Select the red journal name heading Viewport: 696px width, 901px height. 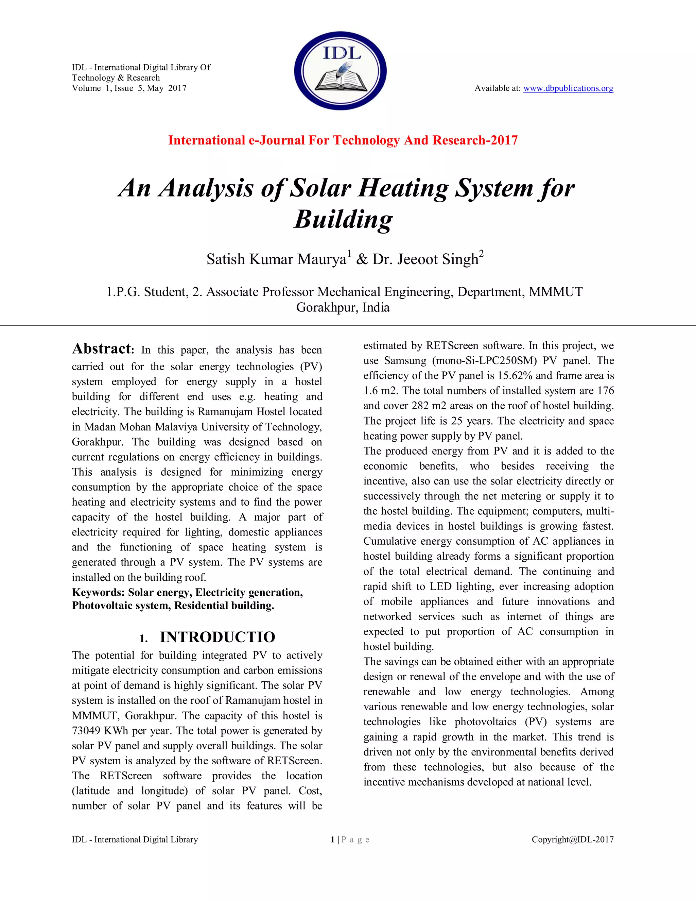coord(343,140)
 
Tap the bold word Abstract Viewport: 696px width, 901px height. coord(101,349)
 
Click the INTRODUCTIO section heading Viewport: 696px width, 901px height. coord(217,637)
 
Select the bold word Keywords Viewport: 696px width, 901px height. coord(98,592)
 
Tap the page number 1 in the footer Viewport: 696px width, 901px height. coord(332,839)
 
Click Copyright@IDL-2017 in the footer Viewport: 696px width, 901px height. coord(572,839)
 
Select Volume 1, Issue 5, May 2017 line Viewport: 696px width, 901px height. coord(129,88)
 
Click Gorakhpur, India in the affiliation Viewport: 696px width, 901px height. coord(343,307)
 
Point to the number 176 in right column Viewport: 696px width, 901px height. coord(605,391)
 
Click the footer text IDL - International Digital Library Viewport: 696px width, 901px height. coord(135,839)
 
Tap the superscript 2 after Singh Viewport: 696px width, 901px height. coord(481,253)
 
